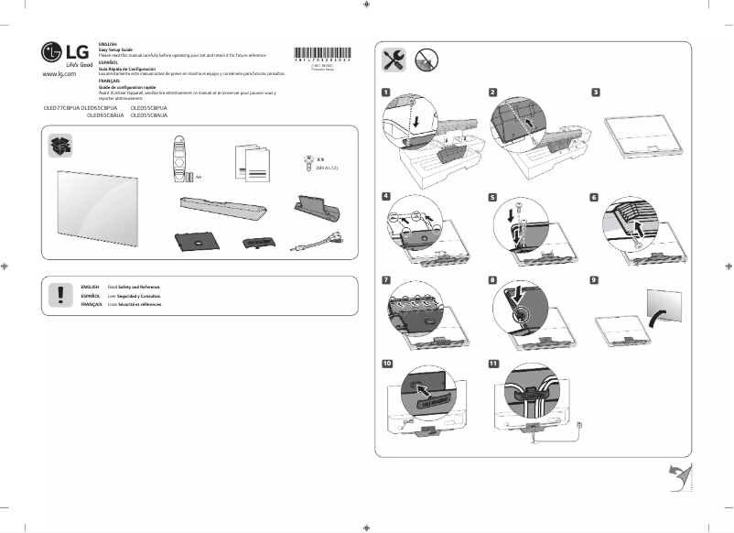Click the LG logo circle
(x=51, y=51)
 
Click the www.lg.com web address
(x=59, y=73)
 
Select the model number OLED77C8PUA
(x=61, y=108)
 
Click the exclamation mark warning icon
(x=60, y=294)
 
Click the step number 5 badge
(x=493, y=197)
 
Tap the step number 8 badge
(x=493, y=279)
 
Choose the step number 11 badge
(x=494, y=363)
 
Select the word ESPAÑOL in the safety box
(x=91, y=297)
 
